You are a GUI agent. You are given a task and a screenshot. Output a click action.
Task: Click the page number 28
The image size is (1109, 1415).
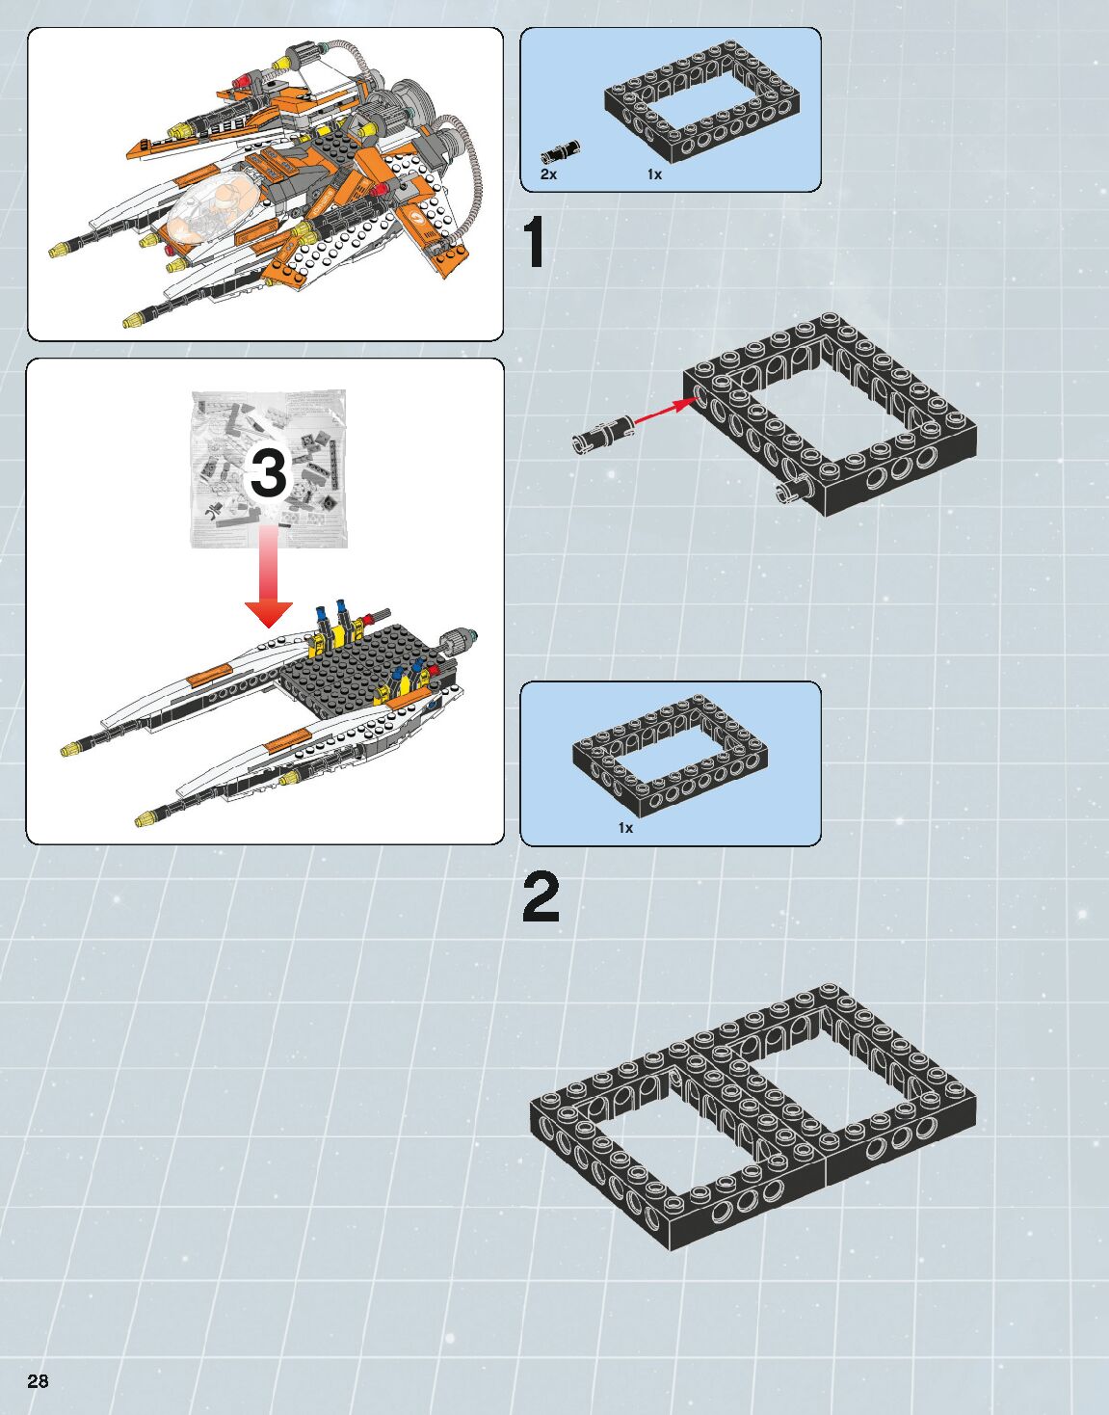click(38, 1380)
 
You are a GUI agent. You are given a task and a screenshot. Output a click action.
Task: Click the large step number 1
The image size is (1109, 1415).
click(535, 242)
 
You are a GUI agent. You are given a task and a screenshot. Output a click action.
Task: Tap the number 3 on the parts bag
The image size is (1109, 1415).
click(268, 473)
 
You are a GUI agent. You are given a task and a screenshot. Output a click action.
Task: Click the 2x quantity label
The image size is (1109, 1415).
click(548, 174)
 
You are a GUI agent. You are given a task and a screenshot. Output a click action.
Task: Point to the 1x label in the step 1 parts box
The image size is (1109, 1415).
click(654, 174)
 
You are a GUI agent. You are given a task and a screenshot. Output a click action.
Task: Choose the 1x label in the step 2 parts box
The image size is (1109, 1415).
click(625, 828)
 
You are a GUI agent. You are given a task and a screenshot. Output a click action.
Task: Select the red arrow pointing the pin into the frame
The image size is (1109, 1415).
click(664, 412)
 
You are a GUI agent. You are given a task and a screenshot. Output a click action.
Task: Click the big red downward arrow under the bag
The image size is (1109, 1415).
click(268, 576)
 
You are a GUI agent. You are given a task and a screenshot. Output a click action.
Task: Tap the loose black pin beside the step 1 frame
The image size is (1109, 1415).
click(603, 434)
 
